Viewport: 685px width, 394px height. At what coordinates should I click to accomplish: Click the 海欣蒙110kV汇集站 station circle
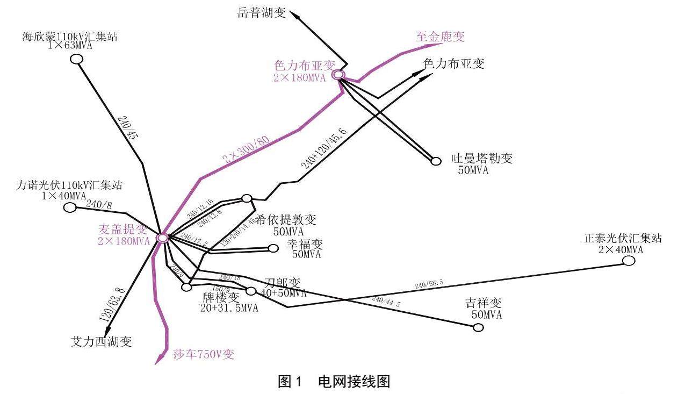tap(76, 59)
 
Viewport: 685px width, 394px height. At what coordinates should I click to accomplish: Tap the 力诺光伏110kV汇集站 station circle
tap(70, 207)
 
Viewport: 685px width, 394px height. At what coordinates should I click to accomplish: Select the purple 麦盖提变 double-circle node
tap(162, 237)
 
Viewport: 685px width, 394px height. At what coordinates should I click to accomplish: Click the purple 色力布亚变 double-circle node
tap(338, 75)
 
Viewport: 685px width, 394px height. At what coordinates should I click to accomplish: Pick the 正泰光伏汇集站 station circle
tap(629, 261)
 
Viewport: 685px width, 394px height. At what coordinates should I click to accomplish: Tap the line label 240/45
tap(127, 128)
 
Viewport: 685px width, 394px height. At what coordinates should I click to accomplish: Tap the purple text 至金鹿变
tap(440, 37)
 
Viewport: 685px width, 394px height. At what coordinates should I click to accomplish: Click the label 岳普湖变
tap(261, 13)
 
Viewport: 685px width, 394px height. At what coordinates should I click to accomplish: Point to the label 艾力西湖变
tap(101, 341)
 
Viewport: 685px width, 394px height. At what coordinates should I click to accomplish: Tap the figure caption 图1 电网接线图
tap(333, 382)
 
